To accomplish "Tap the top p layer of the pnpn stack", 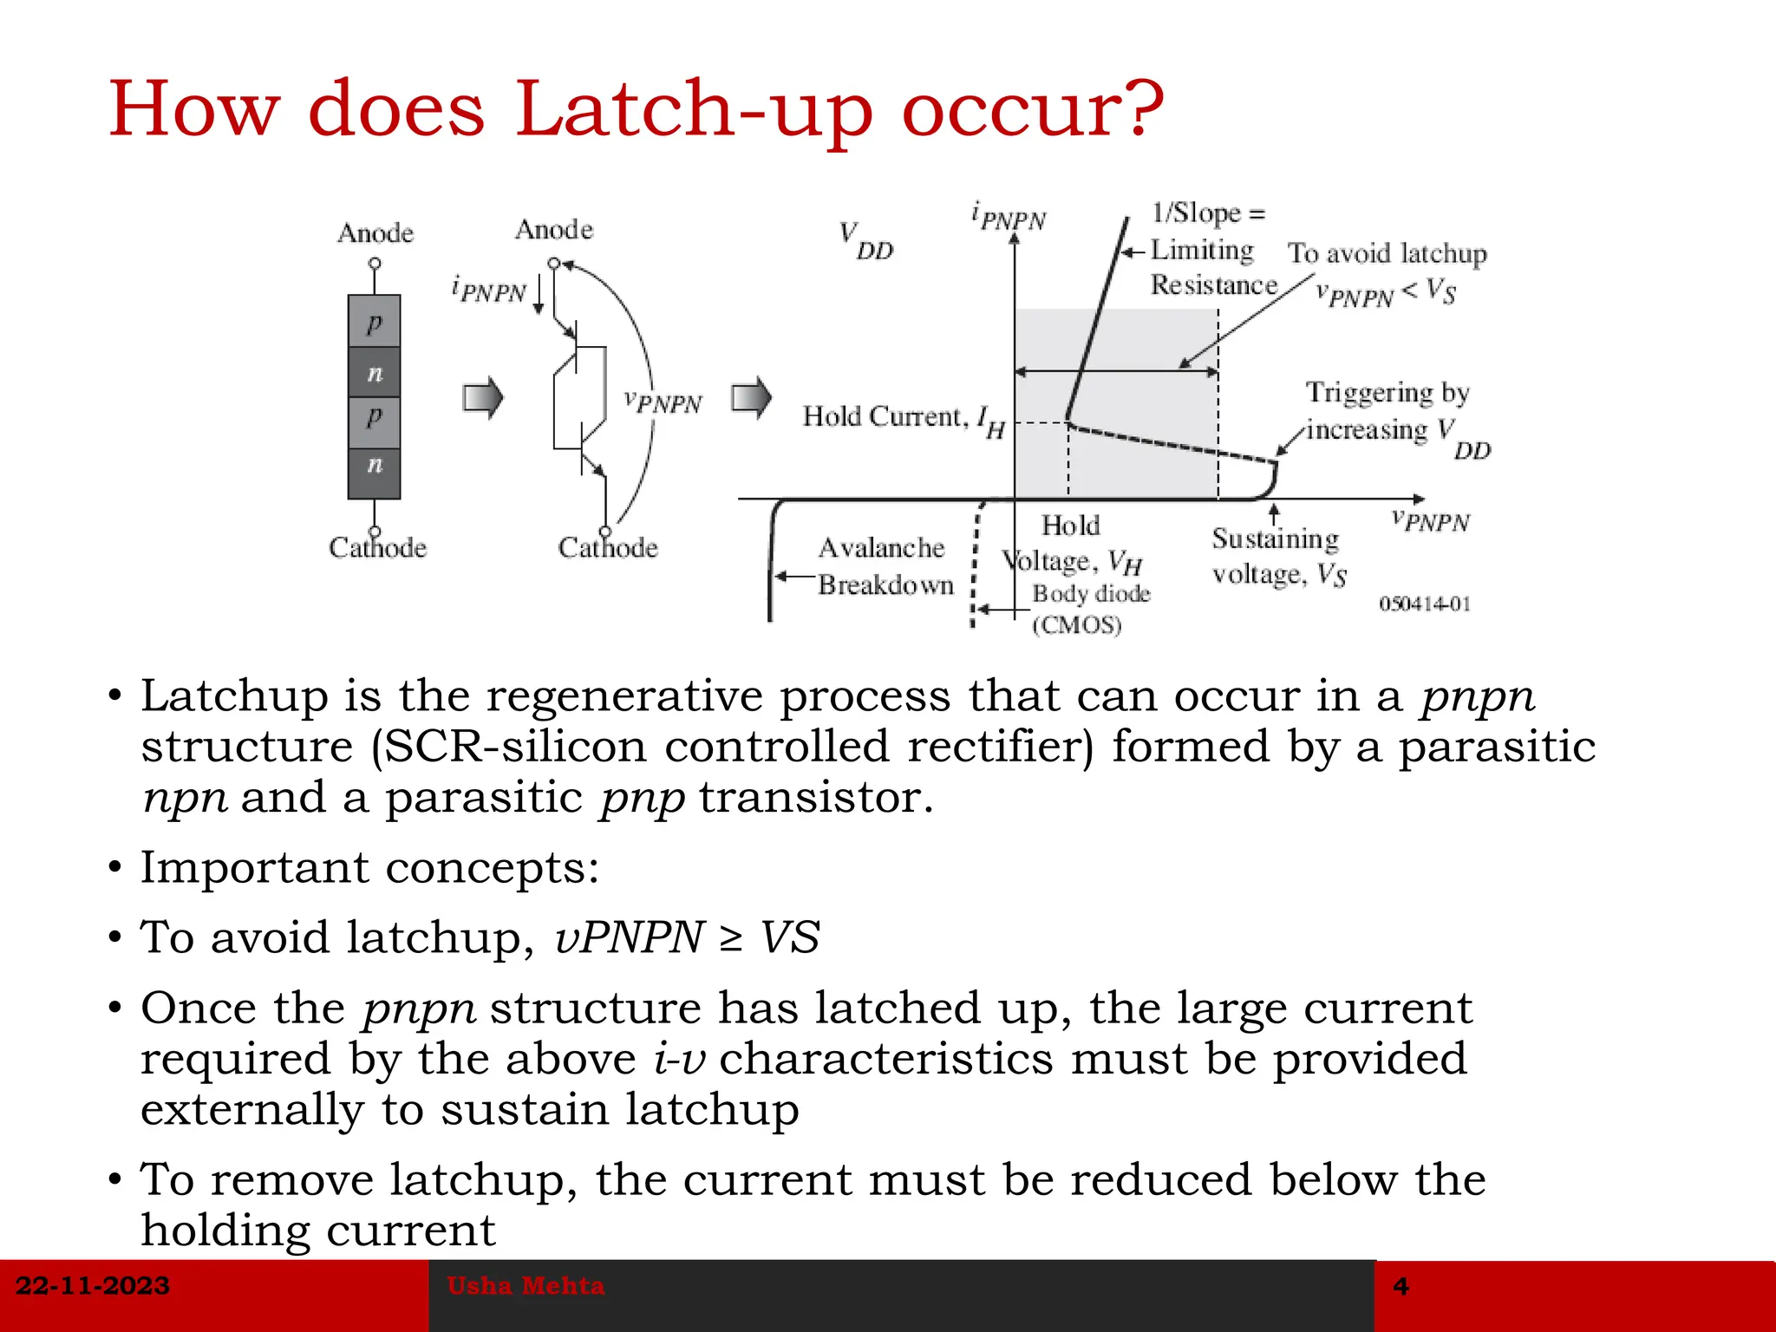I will click(374, 322).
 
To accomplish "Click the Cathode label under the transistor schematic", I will click(608, 548).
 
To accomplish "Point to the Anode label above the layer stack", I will click(375, 233).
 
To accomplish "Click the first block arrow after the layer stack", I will click(483, 398).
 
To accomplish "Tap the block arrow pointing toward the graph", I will click(751, 398).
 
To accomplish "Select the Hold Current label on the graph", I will click(902, 419).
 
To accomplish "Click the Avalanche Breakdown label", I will click(884, 566).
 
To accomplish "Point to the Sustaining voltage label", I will click(1278, 557).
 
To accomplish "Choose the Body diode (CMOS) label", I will click(1089, 609).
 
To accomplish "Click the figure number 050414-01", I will click(1425, 604).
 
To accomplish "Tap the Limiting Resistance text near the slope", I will click(1211, 267).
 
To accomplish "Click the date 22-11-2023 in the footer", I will click(93, 1285).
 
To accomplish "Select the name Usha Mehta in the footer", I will click(526, 1285).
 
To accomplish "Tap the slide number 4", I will click(1401, 1285).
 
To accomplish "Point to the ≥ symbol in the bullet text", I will click(731, 938).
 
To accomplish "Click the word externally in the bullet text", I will click(252, 1110).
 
